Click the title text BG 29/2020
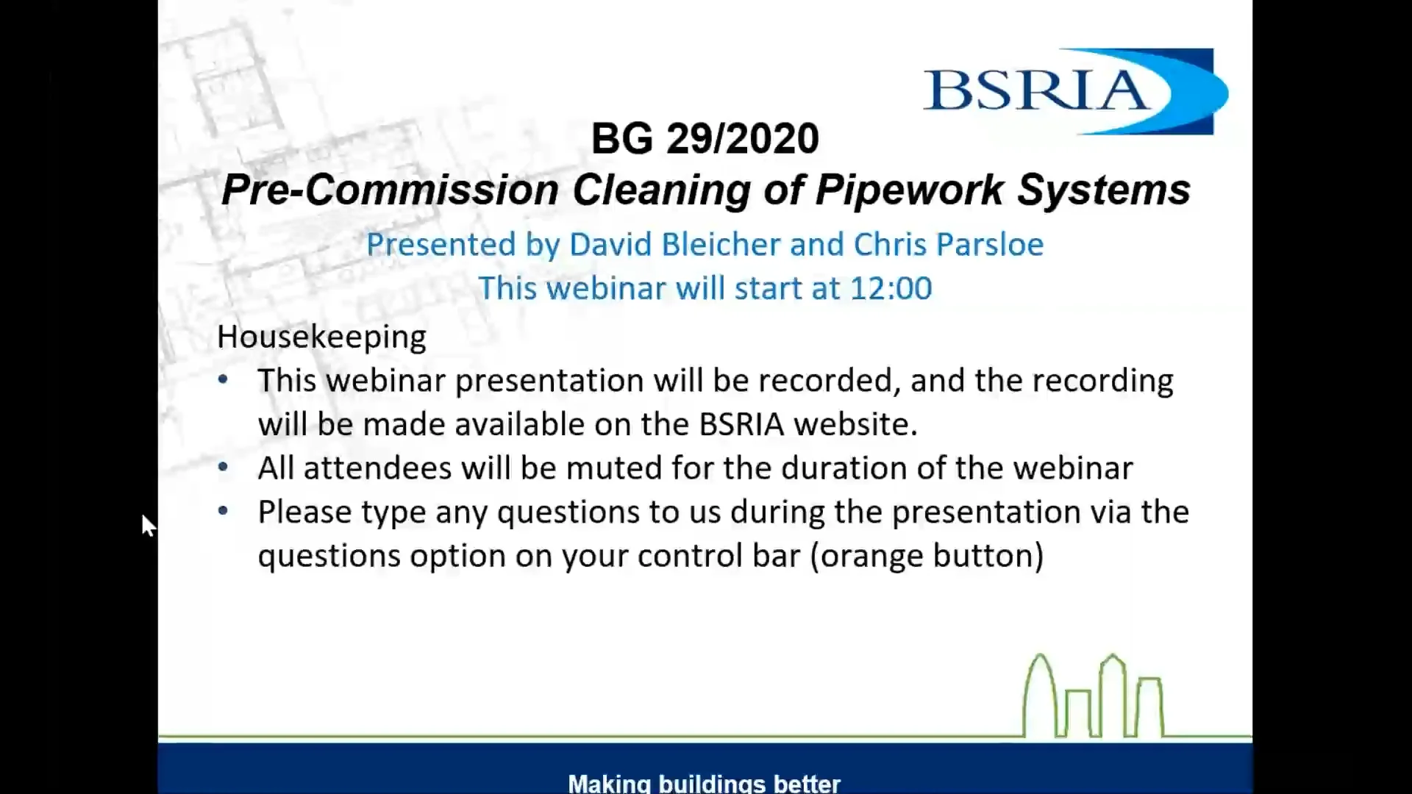(x=705, y=138)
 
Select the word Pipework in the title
(x=909, y=190)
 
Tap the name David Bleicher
(x=674, y=245)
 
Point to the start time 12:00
(x=891, y=288)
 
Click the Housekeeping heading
(x=321, y=337)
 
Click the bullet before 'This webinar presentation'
(x=224, y=380)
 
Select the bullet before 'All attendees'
(x=224, y=468)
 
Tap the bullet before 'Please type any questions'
(x=224, y=511)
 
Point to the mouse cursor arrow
(x=147, y=524)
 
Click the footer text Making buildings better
(x=704, y=783)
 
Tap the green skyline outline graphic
(x=1093, y=697)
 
